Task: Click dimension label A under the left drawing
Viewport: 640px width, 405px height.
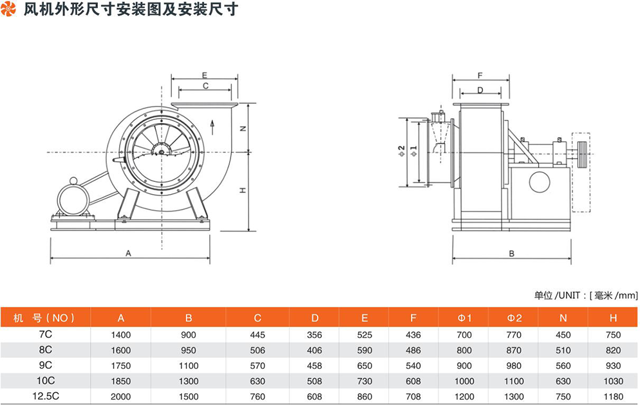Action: [x=128, y=253]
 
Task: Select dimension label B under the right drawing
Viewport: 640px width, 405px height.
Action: [x=511, y=253]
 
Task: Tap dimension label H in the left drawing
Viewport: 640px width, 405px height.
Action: [x=243, y=191]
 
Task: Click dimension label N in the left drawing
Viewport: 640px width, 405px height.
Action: [x=243, y=128]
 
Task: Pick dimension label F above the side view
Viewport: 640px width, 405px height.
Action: [x=480, y=75]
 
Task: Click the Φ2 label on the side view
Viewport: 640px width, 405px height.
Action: [x=400, y=152]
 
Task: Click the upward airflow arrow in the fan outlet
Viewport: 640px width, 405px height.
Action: [x=213, y=123]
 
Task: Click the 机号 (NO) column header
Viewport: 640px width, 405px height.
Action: [x=45, y=318]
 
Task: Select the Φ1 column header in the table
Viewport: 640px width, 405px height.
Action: [x=465, y=318]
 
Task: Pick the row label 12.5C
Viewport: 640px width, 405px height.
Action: [x=45, y=395]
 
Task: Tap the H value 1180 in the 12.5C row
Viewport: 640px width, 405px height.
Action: [x=613, y=395]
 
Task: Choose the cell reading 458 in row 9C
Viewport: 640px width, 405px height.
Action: [x=314, y=366]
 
